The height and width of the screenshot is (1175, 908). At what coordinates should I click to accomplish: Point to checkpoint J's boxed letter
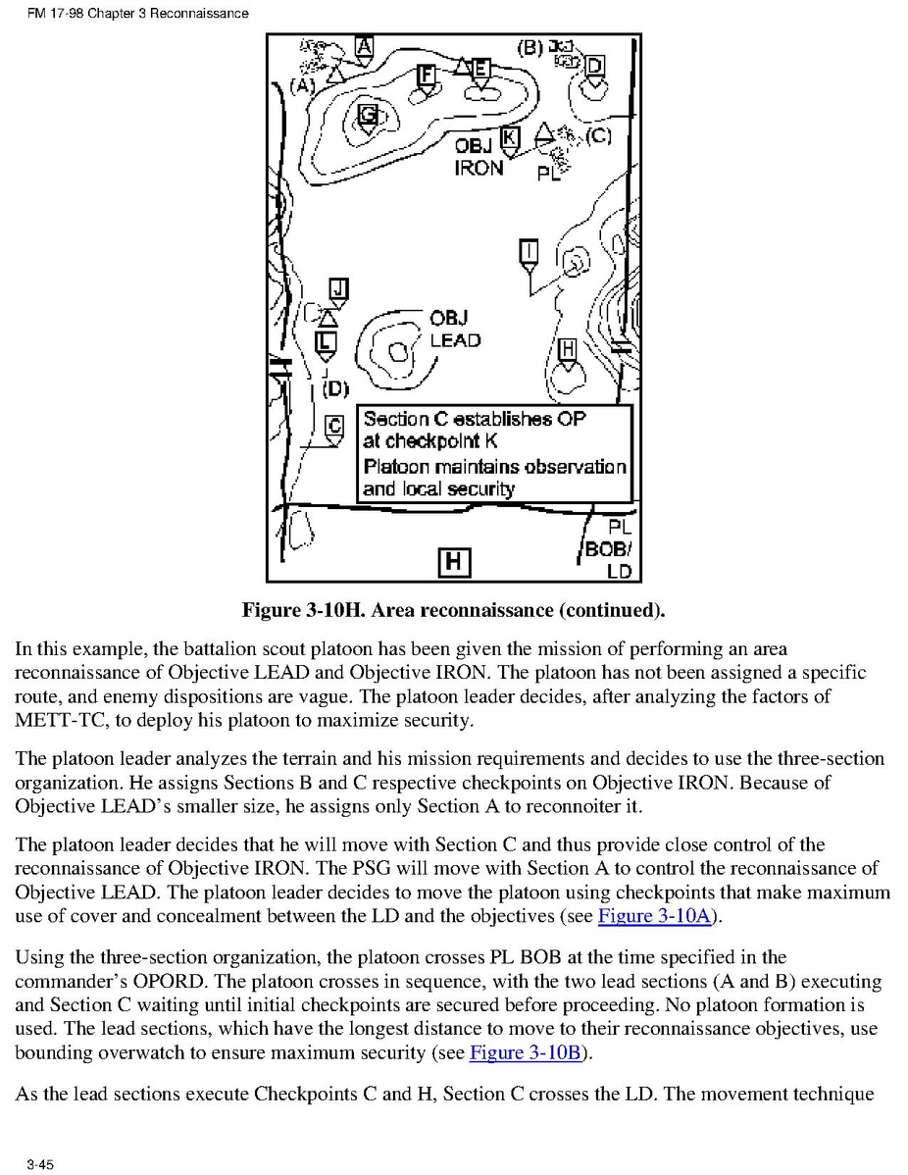338,287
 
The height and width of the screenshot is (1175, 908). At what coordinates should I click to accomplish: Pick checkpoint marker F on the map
425,76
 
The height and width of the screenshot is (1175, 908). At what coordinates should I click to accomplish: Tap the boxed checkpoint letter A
364,45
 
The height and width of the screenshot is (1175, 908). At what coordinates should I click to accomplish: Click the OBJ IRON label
479,157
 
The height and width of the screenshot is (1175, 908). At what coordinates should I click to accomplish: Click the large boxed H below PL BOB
454,561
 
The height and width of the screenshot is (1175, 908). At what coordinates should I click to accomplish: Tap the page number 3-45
40,1164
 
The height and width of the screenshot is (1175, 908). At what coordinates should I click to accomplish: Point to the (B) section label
530,46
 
